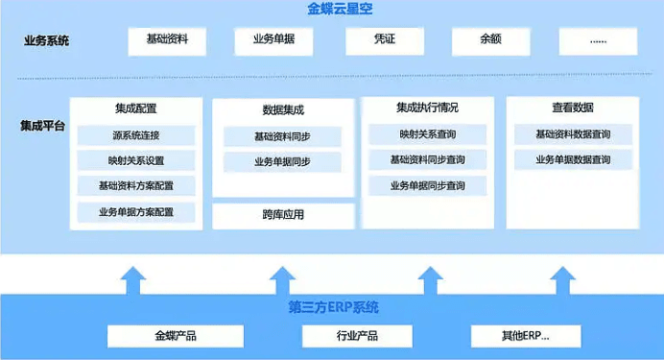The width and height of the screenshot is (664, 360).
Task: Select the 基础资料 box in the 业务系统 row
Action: point(167,40)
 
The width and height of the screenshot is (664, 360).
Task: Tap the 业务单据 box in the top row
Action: point(273,40)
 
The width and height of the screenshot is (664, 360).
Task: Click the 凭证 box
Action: point(384,40)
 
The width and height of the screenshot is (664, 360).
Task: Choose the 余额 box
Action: point(490,40)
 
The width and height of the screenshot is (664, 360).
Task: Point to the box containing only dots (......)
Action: point(598,40)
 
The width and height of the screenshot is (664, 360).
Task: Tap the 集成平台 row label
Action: point(43,126)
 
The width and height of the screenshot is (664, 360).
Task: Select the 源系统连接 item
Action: point(135,135)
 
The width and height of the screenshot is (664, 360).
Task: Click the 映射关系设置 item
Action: point(135,160)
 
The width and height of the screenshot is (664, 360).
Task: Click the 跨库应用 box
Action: point(282,215)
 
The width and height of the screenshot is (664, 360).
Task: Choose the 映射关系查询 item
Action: point(427,134)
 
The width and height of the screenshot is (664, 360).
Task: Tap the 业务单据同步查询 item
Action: point(427,185)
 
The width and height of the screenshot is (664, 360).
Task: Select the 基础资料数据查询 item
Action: point(573,134)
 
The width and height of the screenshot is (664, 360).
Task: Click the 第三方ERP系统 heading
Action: point(333,308)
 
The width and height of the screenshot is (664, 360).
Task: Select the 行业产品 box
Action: point(356,336)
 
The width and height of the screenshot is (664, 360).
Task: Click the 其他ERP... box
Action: point(526,336)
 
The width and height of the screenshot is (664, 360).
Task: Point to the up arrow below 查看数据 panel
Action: point(563,279)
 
